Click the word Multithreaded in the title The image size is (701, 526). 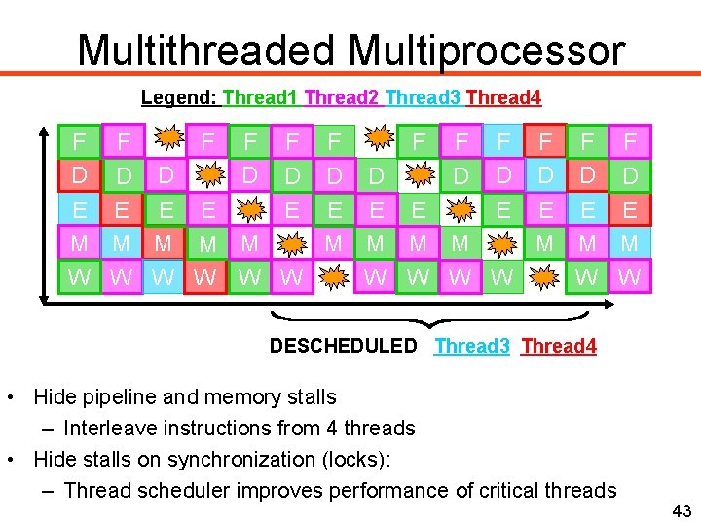207,50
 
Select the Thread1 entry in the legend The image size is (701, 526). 261,97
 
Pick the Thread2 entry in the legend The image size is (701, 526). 343,97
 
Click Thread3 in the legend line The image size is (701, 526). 424,97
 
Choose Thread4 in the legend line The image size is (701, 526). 503,97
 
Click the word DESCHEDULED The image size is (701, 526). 343,346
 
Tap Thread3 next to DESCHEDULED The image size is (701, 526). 472,346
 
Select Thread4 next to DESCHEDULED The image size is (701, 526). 559,346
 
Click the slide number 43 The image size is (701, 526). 681,511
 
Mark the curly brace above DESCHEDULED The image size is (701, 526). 428,318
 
